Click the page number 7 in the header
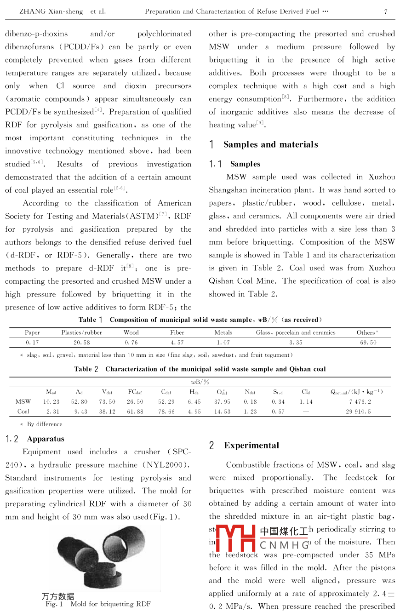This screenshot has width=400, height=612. click(x=385, y=11)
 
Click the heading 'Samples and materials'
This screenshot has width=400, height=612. click(x=270, y=144)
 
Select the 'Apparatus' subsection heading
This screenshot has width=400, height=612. click(x=46, y=439)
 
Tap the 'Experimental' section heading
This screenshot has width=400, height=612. click(x=251, y=445)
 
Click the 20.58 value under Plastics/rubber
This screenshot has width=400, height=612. click(x=82, y=343)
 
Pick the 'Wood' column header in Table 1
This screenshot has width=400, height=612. click(x=131, y=332)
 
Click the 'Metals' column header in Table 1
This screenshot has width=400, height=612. click(x=223, y=332)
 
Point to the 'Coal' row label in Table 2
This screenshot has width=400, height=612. click(x=23, y=412)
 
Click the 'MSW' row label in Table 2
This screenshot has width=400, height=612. click(x=23, y=401)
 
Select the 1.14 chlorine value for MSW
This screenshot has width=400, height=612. click(x=306, y=401)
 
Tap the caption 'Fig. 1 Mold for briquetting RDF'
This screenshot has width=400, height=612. click(x=98, y=604)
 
